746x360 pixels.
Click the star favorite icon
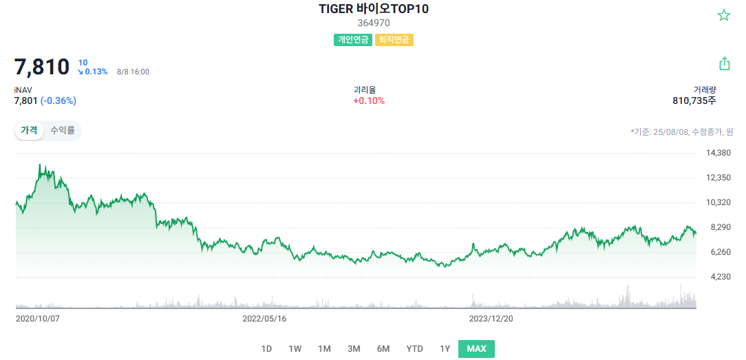pyautogui.click(x=724, y=15)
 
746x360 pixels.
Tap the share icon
pyautogui.click(x=724, y=64)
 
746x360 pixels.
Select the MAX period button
pyautogui.click(x=476, y=348)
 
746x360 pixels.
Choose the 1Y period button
pyautogui.click(x=445, y=348)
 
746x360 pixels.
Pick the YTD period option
pyautogui.click(x=414, y=348)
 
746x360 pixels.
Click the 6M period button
pyautogui.click(x=383, y=348)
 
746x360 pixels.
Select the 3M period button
pyautogui.click(x=354, y=348)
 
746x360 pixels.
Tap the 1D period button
pyautogui.click(x=266, y=348)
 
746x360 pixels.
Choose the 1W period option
pyautogui.click(x=295, y=348)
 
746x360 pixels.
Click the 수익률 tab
pyautogui.click(x=62, y=130)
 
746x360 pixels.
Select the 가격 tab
pyautogui.click(x=29, y=130)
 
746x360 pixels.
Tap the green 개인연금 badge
pyautogui.click(x=353, y=40)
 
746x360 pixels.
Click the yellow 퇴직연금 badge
pyautogui.click(x=394, y=40)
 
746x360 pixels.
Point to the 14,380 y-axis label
pyautogui.click(x=718, y=153)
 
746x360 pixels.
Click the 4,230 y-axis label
pyautogui.click(x=718, y=277)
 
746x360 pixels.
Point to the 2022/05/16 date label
pyautogui.click(x=264, y=319)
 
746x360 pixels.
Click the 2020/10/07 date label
pyautogui.click(x=38, y=319)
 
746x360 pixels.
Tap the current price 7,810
pyautogui.click(x=42, y=67)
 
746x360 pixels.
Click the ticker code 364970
pyautogui.click(x=374, y=23)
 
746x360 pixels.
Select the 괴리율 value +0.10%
pyautogui.click(x=369, y=101)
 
